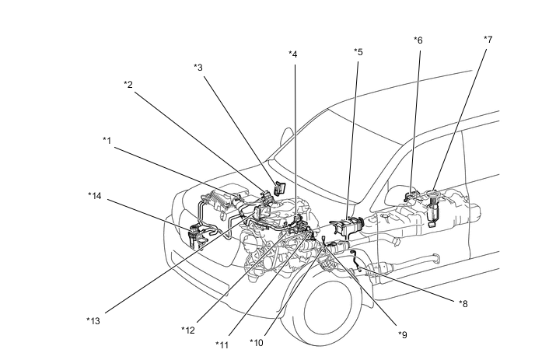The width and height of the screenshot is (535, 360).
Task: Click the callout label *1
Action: [x=107, y=141]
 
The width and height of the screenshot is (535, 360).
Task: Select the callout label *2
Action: [x=128, y=85]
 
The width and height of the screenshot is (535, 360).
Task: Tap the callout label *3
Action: [x=198, y=68]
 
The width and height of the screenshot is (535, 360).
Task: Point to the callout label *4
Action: [x=292, y=54]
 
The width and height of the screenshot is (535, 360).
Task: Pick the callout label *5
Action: [x=358, y=52]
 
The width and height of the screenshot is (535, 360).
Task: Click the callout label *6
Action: [x=418, y=40]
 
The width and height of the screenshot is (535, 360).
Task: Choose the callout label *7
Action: [x=488, y=40]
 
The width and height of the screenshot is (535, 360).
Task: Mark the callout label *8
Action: [x=463, y=304]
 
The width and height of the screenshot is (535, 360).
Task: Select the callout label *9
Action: [x=403, y=335]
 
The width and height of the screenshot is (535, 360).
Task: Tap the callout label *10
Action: [x=257, y=343]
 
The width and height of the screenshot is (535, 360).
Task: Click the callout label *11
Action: [x=222, y=345]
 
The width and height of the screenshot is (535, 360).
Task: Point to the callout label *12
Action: [x=188, y=330]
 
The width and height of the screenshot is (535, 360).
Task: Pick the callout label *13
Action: [x=93, y=321]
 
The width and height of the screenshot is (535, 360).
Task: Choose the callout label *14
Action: [x=95, y=196]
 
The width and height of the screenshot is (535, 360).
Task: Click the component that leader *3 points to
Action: [x=280, y=188]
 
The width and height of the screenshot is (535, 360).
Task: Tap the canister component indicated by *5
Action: [x=348, y=225]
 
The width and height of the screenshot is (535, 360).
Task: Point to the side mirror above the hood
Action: [x=287, y=137]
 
